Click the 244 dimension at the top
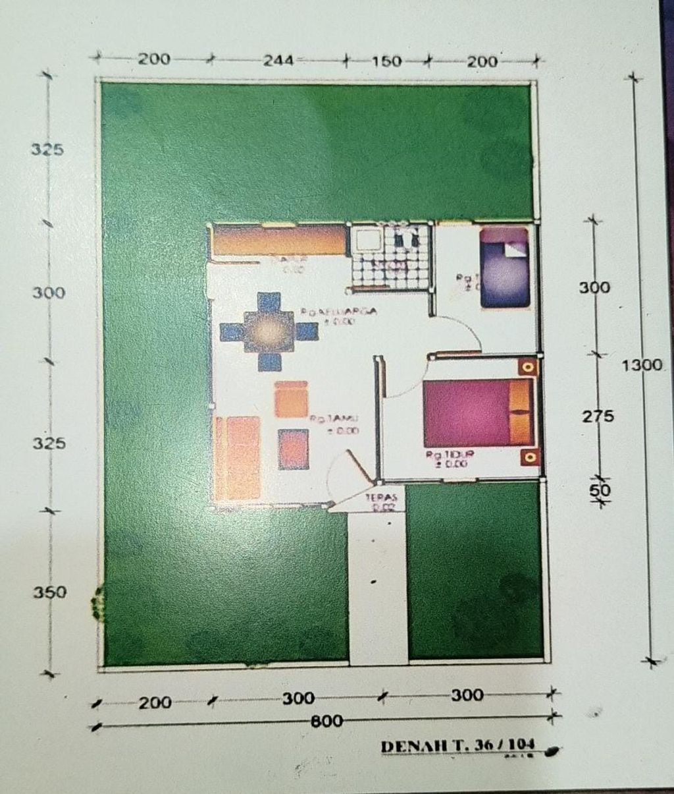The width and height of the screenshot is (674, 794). point(279,61)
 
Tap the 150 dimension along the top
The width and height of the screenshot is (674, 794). point(386,61)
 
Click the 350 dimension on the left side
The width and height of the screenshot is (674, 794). point(50,592)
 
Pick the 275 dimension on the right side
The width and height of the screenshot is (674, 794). point(598,416)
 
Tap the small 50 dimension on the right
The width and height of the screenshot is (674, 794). point(600,491)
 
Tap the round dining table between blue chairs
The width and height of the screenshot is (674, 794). point(267,329)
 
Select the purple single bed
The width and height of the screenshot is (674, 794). point(504,268)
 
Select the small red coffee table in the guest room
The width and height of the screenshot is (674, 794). point(293,449)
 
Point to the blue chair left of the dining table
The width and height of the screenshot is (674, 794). point(232,330)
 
